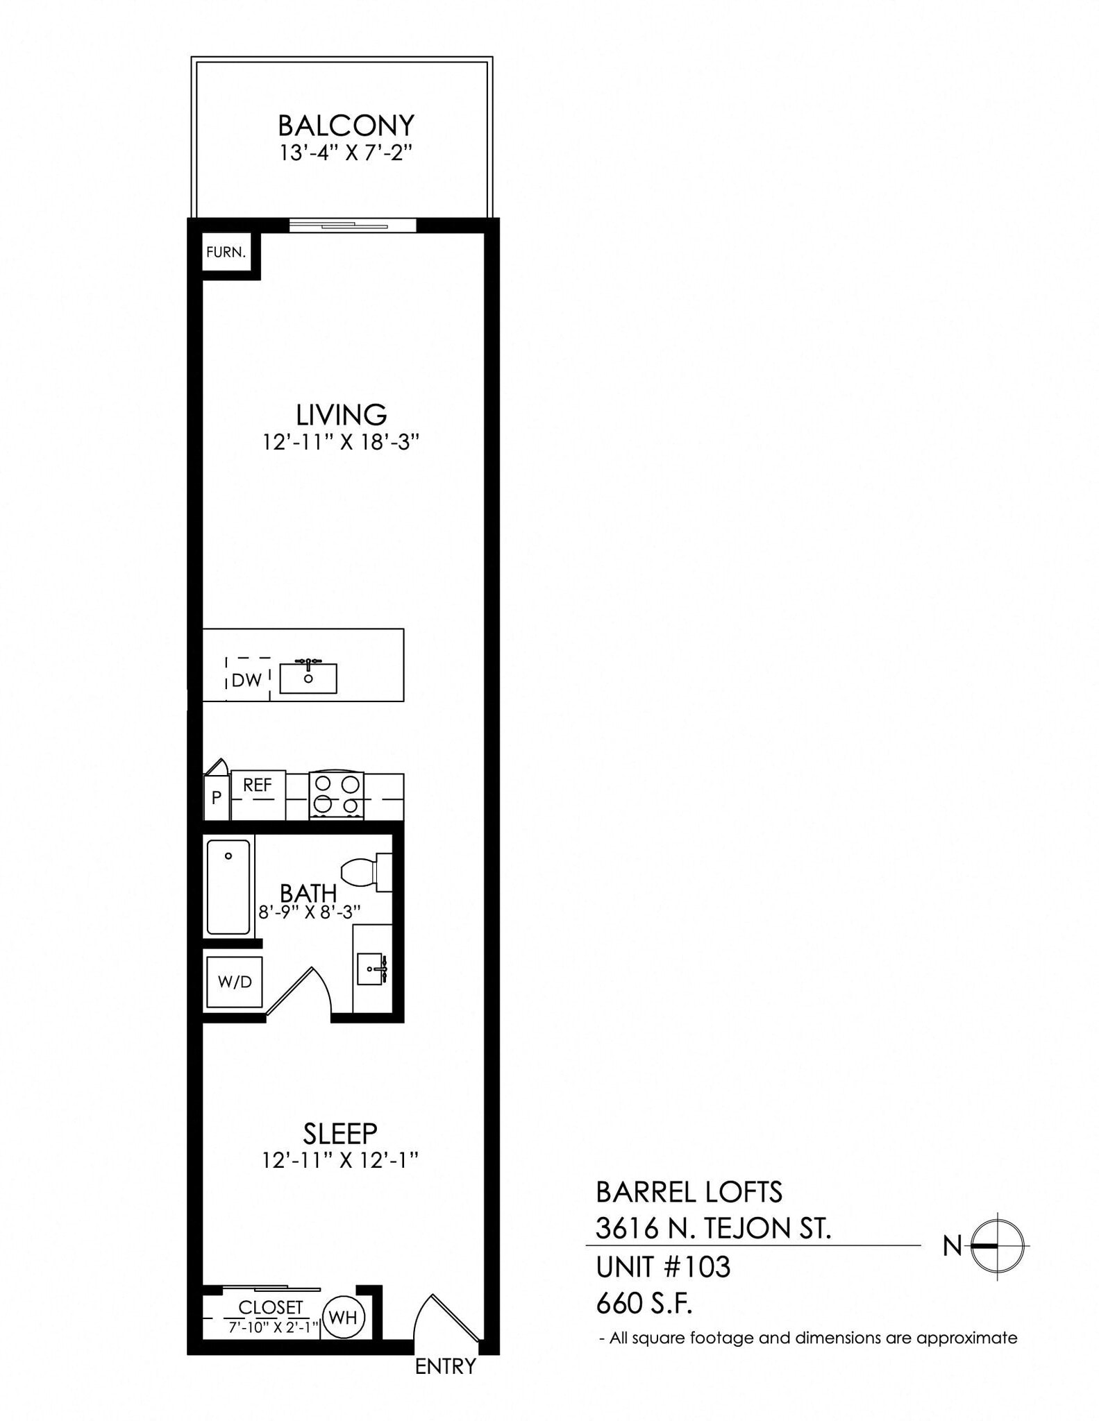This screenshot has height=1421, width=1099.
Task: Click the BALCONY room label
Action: tap(346, 126)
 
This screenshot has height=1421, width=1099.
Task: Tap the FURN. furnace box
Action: tap(226, 253)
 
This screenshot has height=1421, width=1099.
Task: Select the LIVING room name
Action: tap(341, 415)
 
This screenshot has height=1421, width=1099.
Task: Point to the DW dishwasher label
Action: tap(246, 680)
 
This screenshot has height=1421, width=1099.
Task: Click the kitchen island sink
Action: tap(308, 678)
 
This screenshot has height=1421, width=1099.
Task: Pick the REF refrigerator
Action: tap(258, 794)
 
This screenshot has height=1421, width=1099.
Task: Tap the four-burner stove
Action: tap(336, 795)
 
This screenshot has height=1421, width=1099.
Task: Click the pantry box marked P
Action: tap(217, 798)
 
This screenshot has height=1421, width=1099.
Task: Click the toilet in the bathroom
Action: tap(364, 872)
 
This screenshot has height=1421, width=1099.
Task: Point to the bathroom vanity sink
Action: tap(371, 969)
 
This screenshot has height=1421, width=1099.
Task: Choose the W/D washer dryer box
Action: tap(235, 982)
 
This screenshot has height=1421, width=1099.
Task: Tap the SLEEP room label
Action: tap(340, 1134)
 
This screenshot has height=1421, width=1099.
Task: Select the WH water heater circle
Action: tap(343, 1317)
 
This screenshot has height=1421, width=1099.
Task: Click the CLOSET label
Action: tap(270, 1307)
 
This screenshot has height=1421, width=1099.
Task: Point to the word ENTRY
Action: tap(445, 1366)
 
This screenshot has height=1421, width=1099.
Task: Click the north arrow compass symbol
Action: tap(997, 1246)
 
